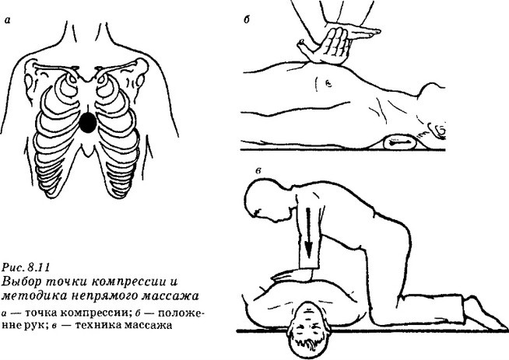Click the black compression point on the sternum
point(88,122)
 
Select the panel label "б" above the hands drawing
point(247,19)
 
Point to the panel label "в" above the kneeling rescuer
point(258,171)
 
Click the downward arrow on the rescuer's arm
point(308,231)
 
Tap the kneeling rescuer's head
point(263,201)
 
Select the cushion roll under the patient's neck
point(399,142)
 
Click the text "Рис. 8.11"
point(26,267)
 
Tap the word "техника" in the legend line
point(97,325)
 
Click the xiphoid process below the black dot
point(87,151)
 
